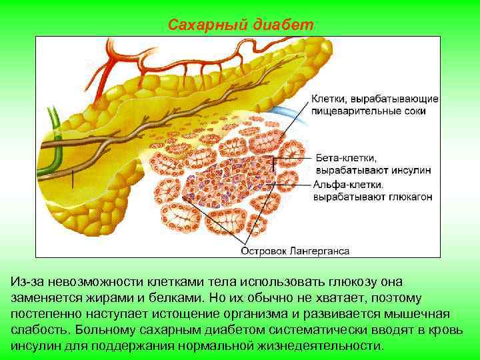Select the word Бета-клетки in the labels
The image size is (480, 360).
(x=346, y=159)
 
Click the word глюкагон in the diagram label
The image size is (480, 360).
(x=409, y=197)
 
